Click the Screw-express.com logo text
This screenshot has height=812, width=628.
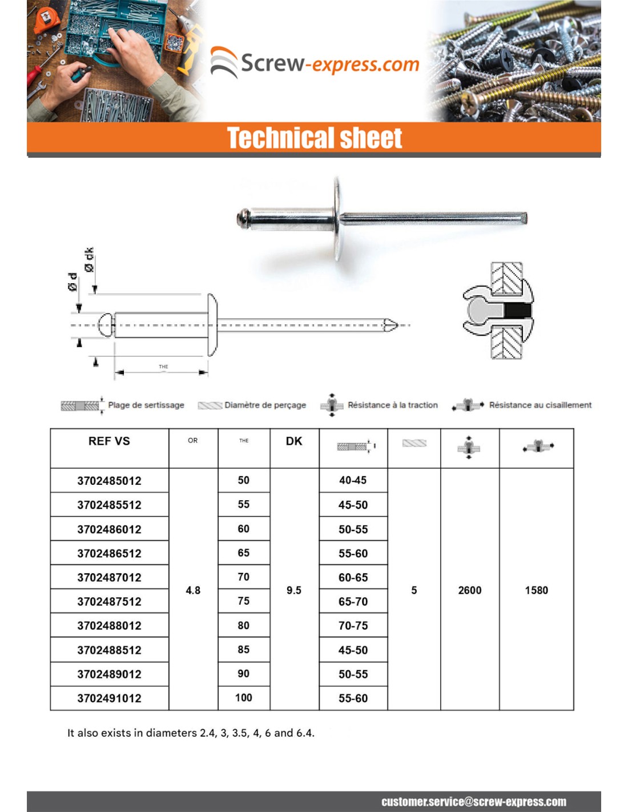coord(329,63)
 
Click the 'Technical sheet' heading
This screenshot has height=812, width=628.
coord(315,138)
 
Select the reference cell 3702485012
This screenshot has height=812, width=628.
coord(109,481)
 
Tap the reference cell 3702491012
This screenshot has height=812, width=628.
coord(109,698)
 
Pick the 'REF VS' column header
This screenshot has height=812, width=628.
coord(109,441)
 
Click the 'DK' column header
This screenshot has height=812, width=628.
coord(294,441)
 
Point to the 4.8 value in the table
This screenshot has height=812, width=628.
coord(193,590)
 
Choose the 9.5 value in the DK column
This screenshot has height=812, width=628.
coord(294,590)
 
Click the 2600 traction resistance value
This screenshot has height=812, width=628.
coord(469,590)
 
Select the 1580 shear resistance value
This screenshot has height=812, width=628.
coord(536,590)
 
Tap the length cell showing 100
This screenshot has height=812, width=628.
coord(244,698)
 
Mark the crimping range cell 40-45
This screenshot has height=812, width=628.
coord(353,481)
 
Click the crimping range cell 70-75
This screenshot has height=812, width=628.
coord(353,626)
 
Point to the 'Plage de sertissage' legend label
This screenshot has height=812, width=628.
coord(146,405)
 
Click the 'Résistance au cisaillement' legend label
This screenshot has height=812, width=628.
coord(540,405)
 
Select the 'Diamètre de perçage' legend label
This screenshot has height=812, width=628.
coord(265,405)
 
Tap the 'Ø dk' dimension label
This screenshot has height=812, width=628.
coord(88,260)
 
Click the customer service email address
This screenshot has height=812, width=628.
coord(474,802)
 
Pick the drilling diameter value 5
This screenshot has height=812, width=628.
coord(414,590)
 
